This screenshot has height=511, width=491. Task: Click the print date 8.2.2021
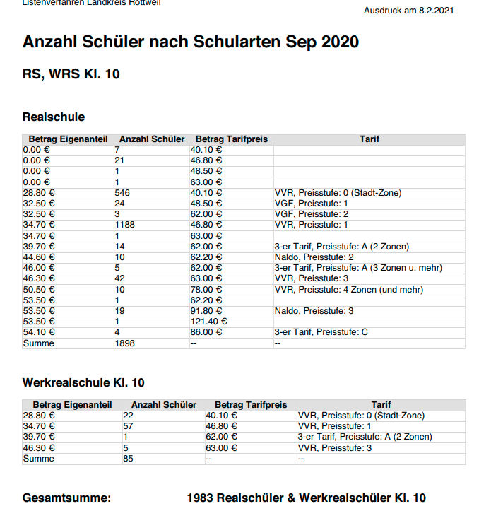tap(437, 11)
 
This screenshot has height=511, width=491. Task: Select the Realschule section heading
tap(54, 117)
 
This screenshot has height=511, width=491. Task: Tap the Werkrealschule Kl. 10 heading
tap(83, 382)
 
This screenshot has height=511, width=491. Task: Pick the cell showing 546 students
tap(122, 192)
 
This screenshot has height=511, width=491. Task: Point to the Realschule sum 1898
tap(124, 343)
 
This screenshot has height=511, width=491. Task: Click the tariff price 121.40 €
tap(210, 322)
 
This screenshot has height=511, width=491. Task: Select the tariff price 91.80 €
tap(207, 311)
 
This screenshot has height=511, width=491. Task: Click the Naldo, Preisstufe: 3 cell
tap(313, 311)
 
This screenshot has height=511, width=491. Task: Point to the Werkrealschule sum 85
tap(128, 459)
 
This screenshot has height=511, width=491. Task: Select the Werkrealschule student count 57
tap(128, 427)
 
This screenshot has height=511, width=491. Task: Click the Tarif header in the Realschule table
tap(369, 139)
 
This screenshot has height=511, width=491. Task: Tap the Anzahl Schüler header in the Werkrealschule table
tap(164, 405)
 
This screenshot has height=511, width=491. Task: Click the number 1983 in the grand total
tap(201, 498)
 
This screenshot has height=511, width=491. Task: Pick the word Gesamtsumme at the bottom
tap(67, 498)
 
